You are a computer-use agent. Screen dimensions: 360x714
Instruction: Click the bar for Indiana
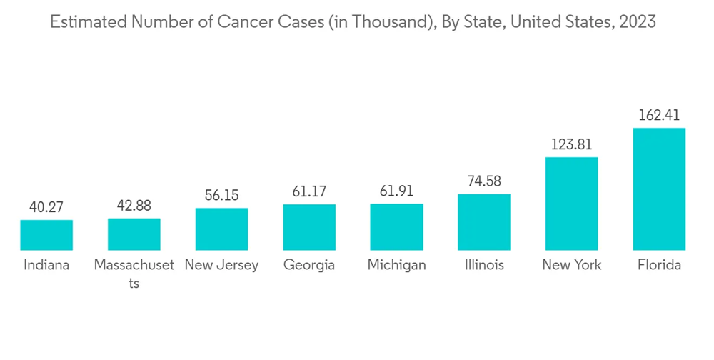coord(46,235)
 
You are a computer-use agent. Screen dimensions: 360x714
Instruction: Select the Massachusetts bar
coord(134,234)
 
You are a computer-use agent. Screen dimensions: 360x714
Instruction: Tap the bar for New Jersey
coord(221,229)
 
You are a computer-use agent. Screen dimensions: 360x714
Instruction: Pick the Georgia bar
coord(309,227)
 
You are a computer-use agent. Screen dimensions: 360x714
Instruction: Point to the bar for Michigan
coord(396,227)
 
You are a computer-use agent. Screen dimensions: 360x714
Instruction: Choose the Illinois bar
coord(484,222)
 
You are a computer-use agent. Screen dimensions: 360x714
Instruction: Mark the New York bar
coord(571,204)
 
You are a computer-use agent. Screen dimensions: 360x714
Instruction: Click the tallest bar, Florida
coord(659,189)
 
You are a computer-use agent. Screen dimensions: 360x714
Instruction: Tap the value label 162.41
coord(659,115)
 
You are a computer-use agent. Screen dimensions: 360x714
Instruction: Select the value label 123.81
coord(571,144)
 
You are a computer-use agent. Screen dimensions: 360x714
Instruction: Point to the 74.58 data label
coord(484,181)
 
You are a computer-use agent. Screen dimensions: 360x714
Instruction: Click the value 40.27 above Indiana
coord(46,207)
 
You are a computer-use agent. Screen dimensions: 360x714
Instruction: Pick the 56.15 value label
coord(221,196)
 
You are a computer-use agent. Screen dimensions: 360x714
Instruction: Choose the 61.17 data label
coord(309,191)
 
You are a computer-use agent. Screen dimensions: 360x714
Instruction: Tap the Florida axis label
coord(659,265)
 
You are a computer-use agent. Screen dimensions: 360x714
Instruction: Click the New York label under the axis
coord(571,265)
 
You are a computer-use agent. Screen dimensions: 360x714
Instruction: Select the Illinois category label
coord(484,265)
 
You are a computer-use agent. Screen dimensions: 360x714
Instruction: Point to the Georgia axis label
coord(309,266)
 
